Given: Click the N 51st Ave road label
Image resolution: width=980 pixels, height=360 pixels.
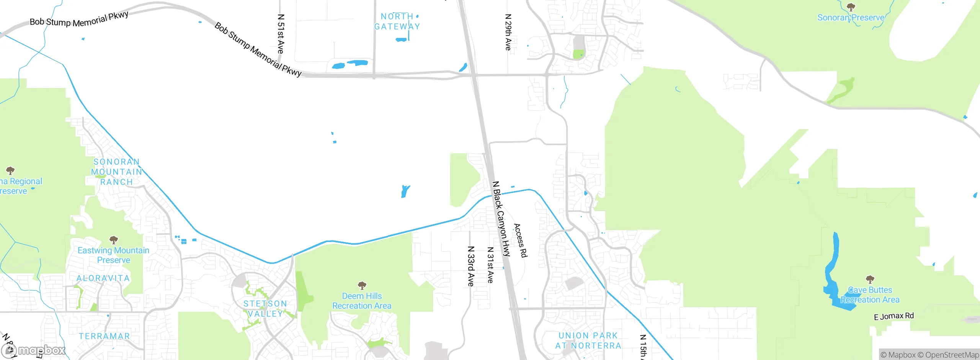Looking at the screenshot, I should coord(281,34).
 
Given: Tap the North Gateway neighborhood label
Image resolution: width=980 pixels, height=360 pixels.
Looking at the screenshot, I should coord(397,21).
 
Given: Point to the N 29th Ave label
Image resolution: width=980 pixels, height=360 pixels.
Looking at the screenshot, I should coord(508,32).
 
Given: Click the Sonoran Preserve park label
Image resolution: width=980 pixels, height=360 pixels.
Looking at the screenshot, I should coord(851,18).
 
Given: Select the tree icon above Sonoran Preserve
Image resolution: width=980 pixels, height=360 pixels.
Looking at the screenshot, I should coord(851,7).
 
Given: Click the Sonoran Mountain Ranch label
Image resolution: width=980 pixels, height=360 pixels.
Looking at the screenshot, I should coord(116,172).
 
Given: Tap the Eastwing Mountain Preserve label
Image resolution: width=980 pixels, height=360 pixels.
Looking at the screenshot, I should coord(113,255).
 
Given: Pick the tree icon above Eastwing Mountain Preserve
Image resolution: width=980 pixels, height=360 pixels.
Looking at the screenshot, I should coord(113,240).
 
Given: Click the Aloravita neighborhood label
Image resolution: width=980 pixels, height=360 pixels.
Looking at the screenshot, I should coord(103,278).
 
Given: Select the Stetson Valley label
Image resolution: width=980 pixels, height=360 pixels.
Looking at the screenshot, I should coord(265,309).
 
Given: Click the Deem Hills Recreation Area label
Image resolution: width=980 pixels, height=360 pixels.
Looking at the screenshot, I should coord(362,301).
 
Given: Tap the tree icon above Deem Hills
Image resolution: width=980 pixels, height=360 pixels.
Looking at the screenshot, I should coord(362,285).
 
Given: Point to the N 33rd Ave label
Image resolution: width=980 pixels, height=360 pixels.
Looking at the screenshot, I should coord(471,266).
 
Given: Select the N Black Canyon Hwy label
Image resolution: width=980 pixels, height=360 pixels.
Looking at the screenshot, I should coord(501,219).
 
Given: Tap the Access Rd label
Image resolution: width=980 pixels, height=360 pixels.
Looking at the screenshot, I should coord(521,241).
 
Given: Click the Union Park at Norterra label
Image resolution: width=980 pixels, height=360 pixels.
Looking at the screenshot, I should coord(588,340).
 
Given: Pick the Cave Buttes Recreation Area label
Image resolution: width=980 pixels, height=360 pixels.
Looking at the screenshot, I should coord(870,295).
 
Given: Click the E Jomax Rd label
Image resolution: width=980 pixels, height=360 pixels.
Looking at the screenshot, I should coord(893,316).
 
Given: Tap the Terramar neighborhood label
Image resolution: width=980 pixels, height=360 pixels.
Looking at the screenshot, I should coord(104,336).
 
